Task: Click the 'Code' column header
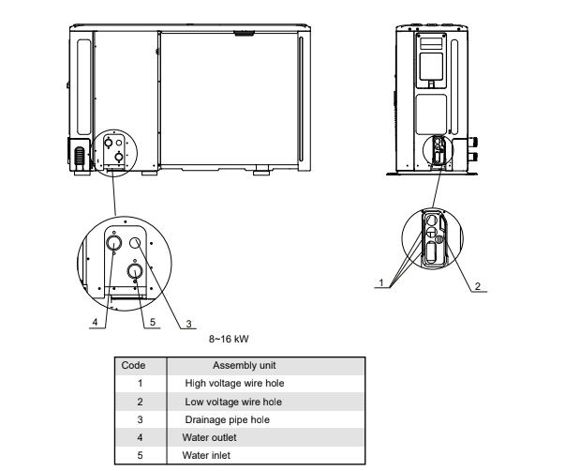point(140,365)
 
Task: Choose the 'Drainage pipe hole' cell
point(230,419)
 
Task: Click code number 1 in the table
point(140,383)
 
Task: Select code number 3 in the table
point(140,419)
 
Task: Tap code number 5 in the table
point(140,455)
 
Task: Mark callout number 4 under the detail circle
point(96,322)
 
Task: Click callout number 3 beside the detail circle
point(188,323)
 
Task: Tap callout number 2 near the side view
point(479,287)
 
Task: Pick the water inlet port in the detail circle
point(136,272)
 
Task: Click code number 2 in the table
point(140,402)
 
